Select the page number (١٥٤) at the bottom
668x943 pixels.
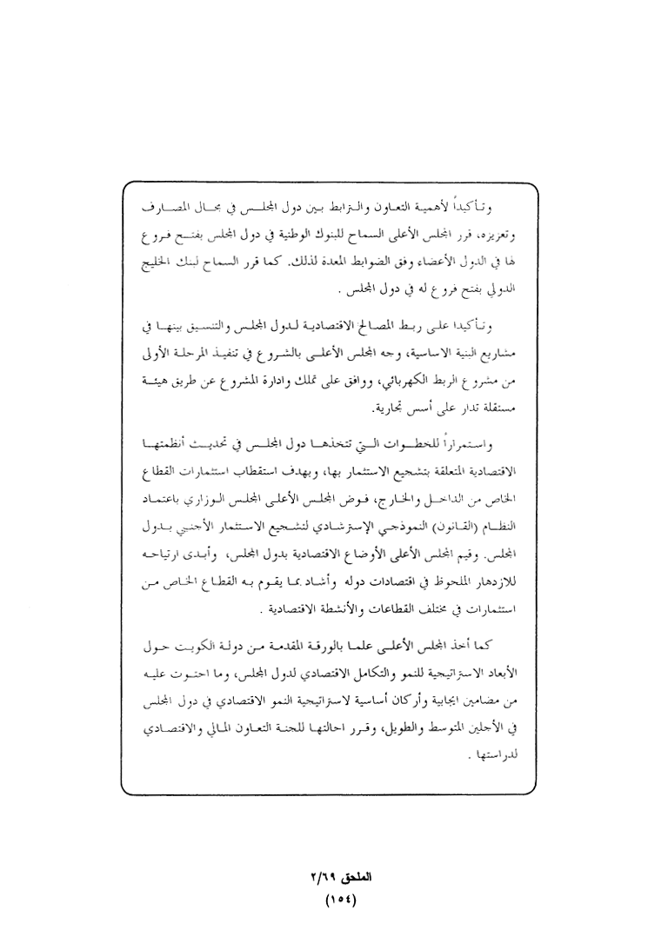[334, 900]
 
